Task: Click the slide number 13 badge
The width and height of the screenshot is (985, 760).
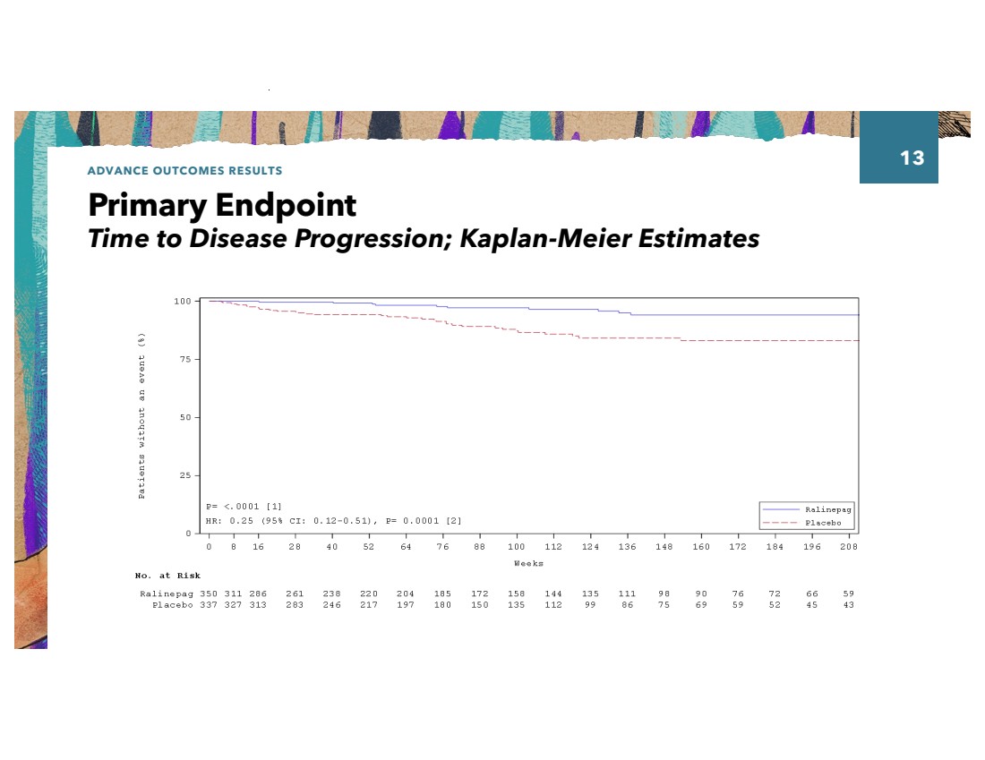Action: (911, 158)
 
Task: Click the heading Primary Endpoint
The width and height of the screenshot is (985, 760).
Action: (222, 206)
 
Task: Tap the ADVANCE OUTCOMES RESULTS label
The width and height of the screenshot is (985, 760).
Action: (184, 170)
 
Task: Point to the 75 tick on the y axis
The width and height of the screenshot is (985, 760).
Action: (184, 359)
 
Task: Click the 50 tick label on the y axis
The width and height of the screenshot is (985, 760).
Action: (184, 417)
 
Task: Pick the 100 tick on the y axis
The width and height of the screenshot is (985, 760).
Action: (182, 302)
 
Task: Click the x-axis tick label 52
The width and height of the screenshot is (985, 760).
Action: (369, 546)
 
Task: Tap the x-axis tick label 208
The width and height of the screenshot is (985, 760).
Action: (848, 546)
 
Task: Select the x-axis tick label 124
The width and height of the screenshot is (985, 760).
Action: (590, 546)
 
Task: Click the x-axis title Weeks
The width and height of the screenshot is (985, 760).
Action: (528, 563)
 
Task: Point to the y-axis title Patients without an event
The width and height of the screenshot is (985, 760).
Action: (142, 416)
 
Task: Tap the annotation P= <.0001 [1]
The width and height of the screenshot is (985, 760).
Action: (244, 507)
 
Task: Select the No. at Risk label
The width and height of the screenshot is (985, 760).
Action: (167, 576)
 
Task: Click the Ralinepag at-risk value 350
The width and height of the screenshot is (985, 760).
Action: (209, 593)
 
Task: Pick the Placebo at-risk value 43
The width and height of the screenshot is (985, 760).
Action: (848, 604)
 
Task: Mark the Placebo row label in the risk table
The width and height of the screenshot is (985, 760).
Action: (172, 604)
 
